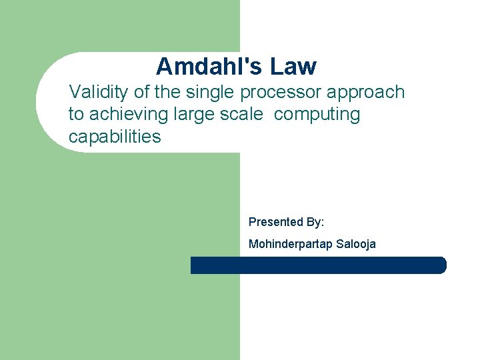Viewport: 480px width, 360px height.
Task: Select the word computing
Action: (x=317, y=115)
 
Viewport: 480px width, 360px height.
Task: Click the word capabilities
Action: (x=115, y=137)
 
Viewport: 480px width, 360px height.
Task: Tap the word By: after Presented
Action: (x=314, y=221)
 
